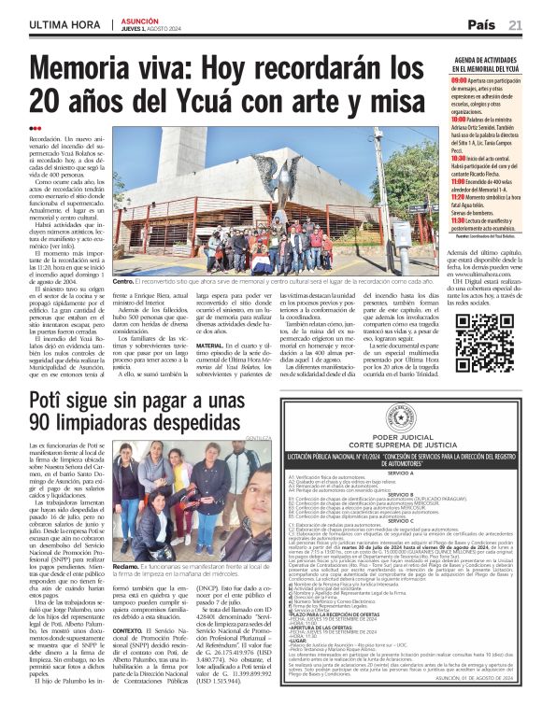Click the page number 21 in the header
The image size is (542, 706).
click(516, 24)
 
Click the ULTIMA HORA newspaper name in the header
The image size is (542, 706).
click(65, 24)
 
